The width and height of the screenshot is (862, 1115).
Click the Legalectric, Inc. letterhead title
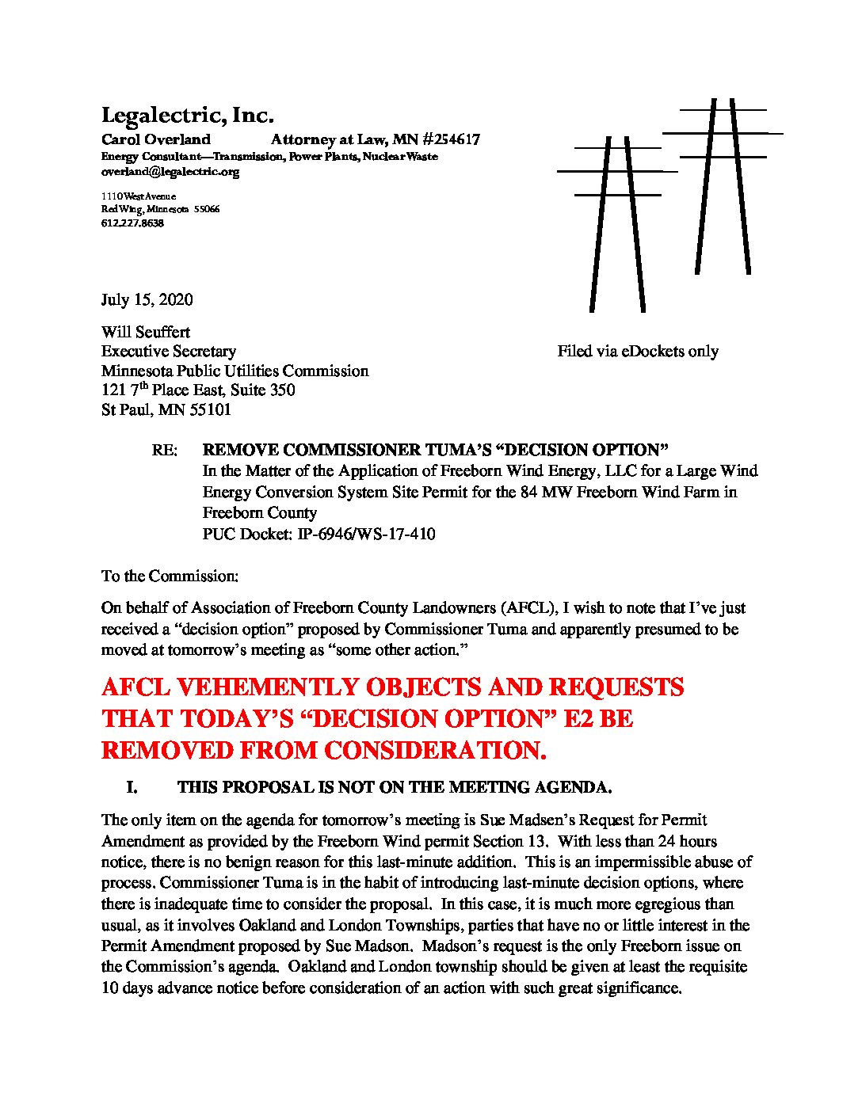(x=187, y=116)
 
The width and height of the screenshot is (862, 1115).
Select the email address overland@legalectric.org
(x=170, y=172)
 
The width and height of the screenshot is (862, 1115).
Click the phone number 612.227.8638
(x=132, y=223)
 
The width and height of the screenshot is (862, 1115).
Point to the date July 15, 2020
(x=147, y=300)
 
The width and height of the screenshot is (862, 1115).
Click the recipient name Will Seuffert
(x=146, y=332)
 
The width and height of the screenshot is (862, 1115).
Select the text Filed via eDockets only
(x=637, y=352)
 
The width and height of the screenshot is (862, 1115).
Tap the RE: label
(x=164, y=451)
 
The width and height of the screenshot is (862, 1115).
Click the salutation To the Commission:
(x=170, y=577)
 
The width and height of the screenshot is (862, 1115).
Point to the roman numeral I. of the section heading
(x=132, y=788)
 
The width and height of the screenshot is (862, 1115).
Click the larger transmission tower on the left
(x=617, y=222)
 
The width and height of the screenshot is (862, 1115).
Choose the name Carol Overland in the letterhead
(x=156, y=139)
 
